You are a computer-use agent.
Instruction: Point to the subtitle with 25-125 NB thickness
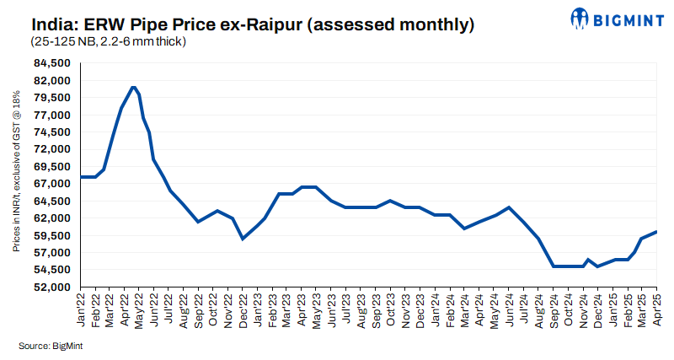[x=109, y=41]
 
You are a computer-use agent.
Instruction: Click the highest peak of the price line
[x=133, y=87]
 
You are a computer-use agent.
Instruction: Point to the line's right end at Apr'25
[x=656, y=232]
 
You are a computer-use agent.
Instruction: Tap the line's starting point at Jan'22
[x=82, y=177]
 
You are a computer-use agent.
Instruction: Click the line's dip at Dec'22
[x=243, y=239]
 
